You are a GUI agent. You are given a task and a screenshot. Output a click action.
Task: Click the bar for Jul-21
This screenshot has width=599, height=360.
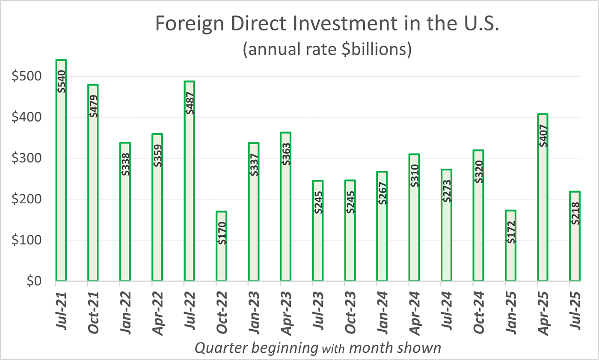[61, 171]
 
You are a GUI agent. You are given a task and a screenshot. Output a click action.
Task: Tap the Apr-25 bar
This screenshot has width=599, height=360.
[543, 197]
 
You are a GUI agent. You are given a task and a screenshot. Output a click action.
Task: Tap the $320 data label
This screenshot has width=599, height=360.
[479, 172]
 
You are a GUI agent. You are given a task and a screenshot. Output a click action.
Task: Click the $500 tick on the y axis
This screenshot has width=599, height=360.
[27, 77]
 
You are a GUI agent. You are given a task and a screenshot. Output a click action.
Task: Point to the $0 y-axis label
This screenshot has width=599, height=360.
[33, 281]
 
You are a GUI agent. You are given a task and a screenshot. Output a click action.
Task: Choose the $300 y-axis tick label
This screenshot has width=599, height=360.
[27, 158]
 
